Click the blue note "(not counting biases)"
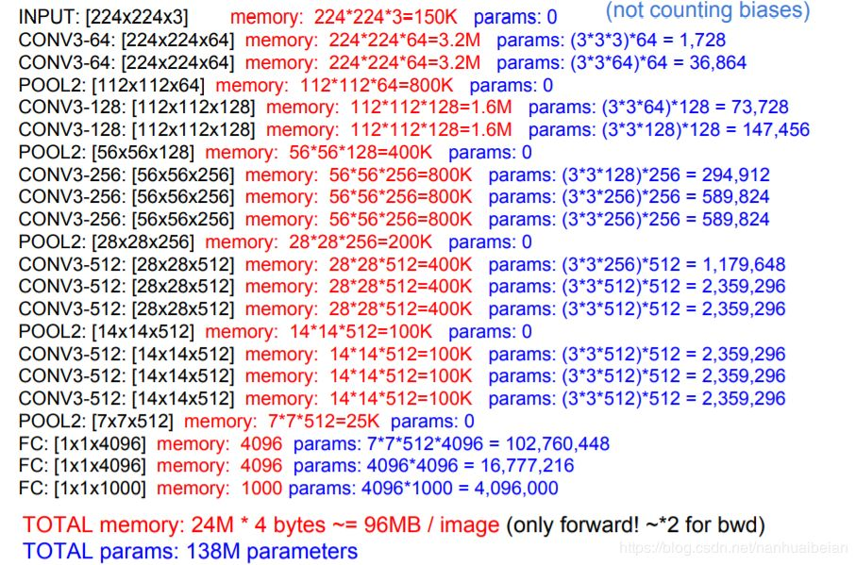tap(708, 10)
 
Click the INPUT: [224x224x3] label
tap(103, 18)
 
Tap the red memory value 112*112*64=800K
tap(377, 85)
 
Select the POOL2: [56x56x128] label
tap(107, 152)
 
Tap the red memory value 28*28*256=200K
tap(361, 241)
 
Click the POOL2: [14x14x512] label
tap(107, 332)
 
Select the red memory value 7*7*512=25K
tap(324, 421)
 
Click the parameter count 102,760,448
tap(558, 443)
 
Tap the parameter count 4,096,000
tap(516, 488)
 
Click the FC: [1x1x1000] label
tap(82, 488)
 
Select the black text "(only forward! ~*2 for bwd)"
tap(635, 524)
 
